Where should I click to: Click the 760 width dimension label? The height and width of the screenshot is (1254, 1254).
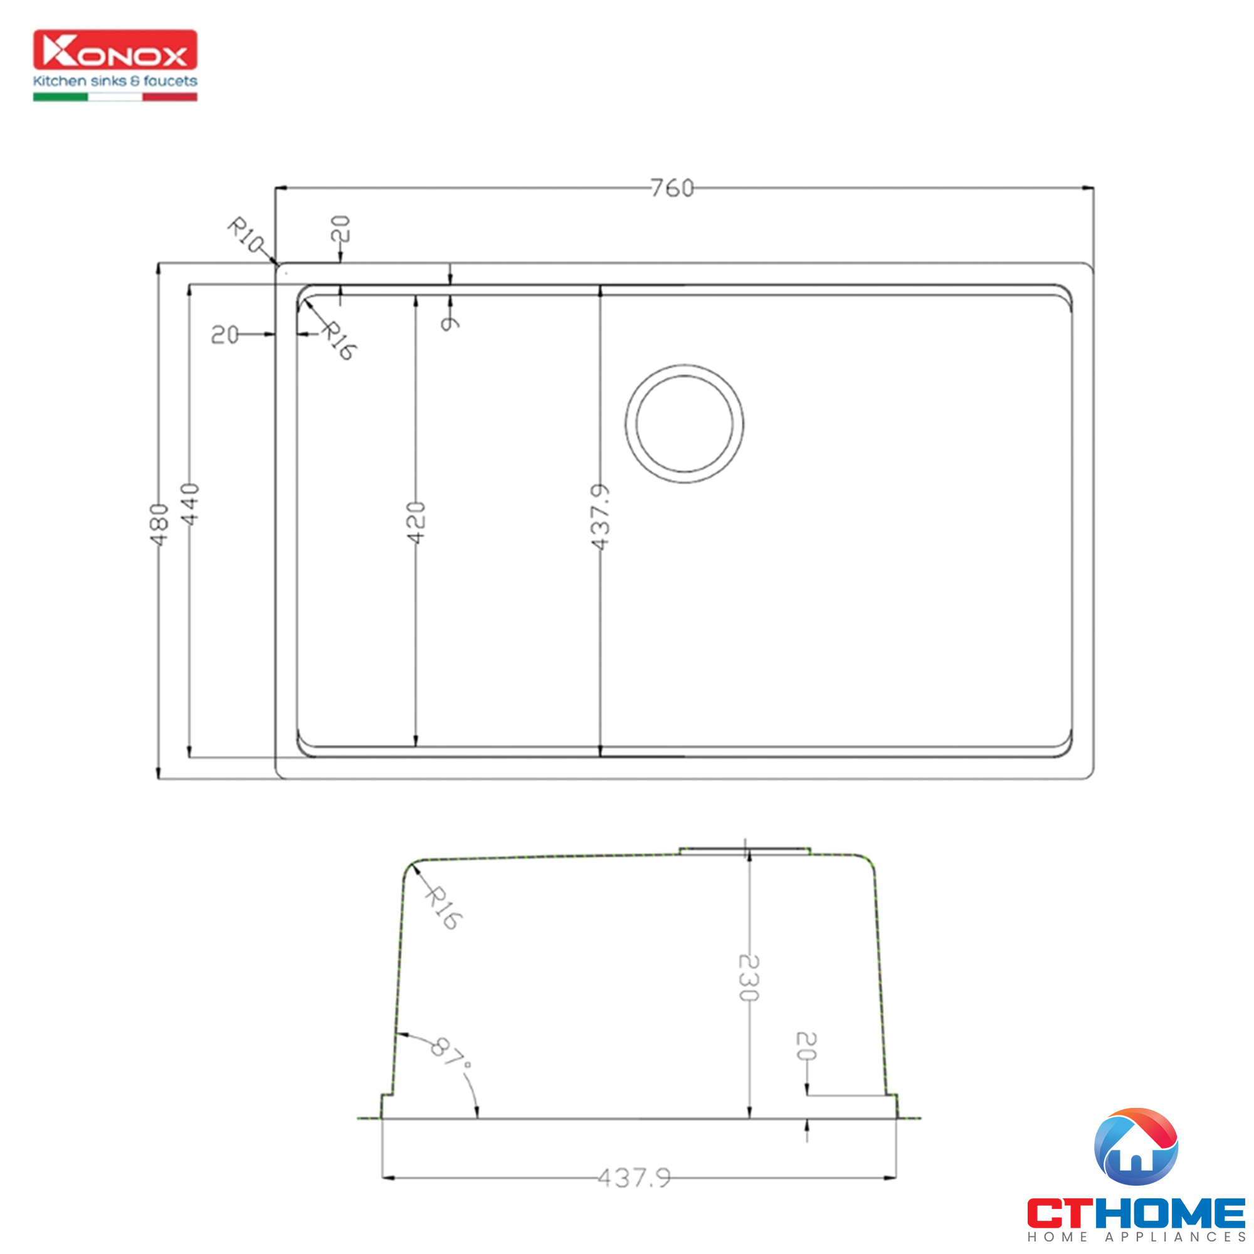(672, 188)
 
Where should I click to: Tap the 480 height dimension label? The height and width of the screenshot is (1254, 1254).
(159, 524)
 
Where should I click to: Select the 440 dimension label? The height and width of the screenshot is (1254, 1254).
(189, 504)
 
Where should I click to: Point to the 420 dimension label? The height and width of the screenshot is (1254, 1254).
(416, 522)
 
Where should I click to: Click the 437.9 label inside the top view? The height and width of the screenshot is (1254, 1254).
(601, 517)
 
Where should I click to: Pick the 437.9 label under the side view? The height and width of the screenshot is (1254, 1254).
(634, 1178)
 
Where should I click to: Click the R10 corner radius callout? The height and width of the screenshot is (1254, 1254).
(246, 234)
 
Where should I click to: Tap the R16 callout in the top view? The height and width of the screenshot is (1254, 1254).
(339, 340)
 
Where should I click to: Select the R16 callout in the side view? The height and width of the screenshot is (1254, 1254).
(444, 907)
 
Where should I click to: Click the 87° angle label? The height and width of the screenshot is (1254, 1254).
(450, 1053)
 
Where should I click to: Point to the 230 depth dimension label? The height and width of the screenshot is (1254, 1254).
(749, 977)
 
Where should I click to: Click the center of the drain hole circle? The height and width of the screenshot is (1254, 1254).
(684, 424)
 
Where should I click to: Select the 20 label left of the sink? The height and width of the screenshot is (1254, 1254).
(224, 335)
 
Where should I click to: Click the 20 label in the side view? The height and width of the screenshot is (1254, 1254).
(806, 1046)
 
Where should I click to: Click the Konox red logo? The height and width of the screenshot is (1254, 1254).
(115, 50)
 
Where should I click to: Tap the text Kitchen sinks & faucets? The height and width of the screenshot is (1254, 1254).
(115, 81)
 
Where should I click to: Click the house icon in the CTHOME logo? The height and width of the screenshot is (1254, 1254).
(1136, 1147)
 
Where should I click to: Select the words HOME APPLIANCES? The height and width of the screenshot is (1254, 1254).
(1136, 1237)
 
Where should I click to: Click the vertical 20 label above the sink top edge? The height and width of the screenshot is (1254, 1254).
(340, 228)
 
